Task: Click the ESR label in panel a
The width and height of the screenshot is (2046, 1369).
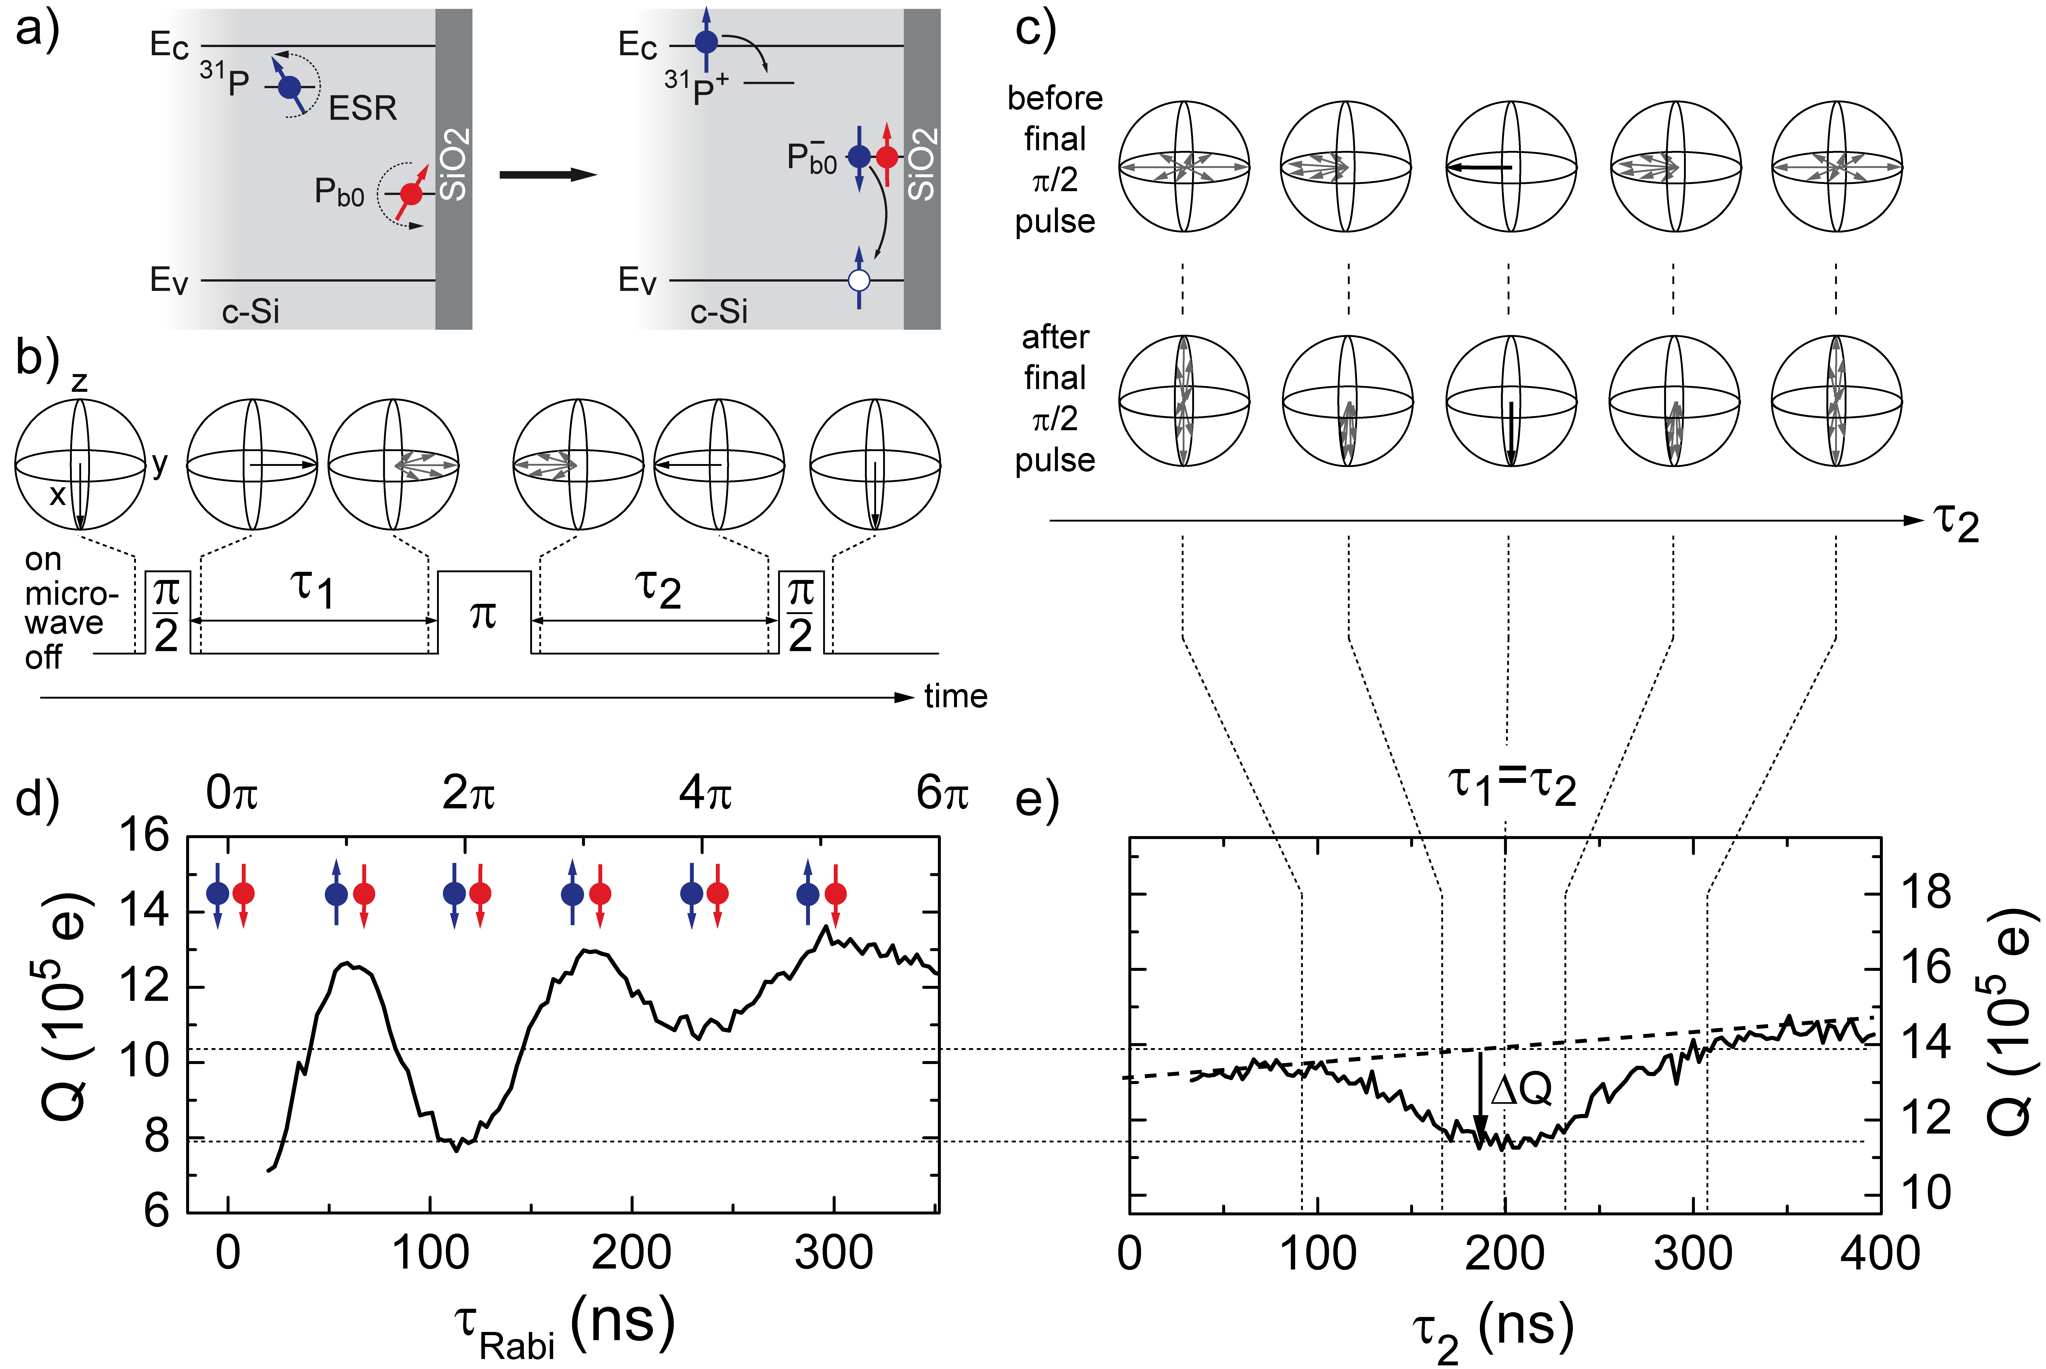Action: pos(362,108)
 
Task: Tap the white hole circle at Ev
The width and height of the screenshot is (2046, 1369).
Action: pos(860,280)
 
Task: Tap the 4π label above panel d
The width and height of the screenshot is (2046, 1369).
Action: pos(705,793)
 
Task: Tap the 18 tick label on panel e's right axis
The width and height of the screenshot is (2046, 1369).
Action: pos(1926,892)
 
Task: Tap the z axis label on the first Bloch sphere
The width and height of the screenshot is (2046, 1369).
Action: pos(80,382)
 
